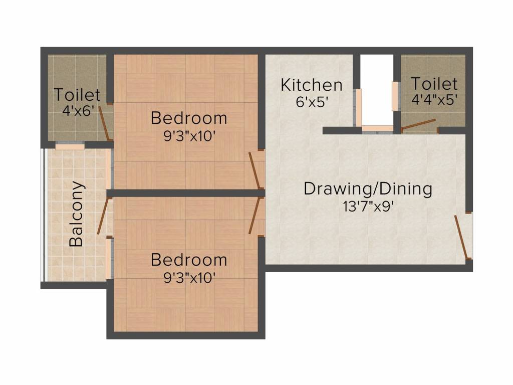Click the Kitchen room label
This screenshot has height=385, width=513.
coord(312,85)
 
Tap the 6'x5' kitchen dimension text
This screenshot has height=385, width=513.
coord(312,102)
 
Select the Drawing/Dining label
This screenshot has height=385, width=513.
coord(368,189)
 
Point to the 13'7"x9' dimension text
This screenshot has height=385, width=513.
coord(368,207)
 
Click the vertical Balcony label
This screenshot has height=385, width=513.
coord(77,214)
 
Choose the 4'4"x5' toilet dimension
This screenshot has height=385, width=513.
coord(434,100)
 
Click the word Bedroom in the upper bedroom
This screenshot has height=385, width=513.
coord(189,118)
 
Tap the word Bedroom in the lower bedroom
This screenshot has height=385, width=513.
coord(189,260)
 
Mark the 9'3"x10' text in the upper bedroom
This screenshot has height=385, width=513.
coord(189,136)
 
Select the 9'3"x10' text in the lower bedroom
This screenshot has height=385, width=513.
coord(189,278)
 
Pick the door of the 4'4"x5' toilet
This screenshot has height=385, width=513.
coord(418,124)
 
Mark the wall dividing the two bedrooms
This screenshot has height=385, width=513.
coord(185,193)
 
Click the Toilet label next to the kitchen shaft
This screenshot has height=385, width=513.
coord(434,84)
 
